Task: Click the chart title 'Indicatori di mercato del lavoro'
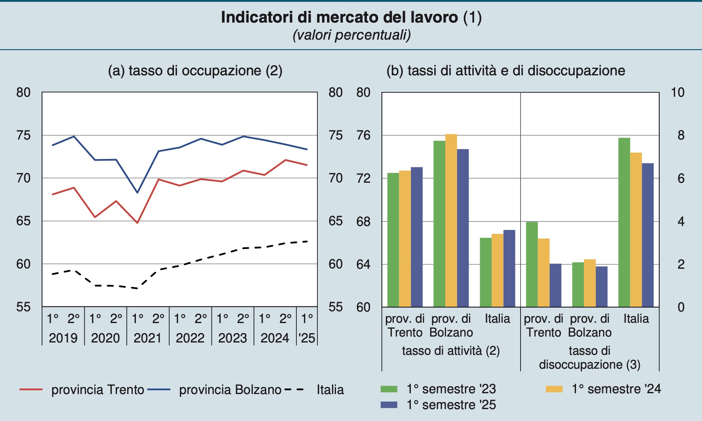pyautogui.click(x=351, y=17)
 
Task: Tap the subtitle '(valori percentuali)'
pyautogui.click(x=351, y=35)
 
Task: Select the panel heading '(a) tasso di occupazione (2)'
pyautogui.click(x=195, y=71)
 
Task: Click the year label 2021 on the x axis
pyautogui.click(x=147, y=338)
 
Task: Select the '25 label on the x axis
pyautogui.click(x=307, y=338)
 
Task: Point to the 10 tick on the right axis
pyautogui.click(x=677, y=92)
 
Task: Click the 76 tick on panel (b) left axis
pyautogui.click(x=363, y=136)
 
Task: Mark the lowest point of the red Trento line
pyautogui.click(x=137, y=223)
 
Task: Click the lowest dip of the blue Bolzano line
pyautogui.click(x=137, y=193)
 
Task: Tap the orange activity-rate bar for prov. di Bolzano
pyautogui.click(x=451, y=220)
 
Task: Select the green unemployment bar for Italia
pyautogui.click(x=624, y=222)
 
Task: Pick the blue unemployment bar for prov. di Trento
pyautogui.click(x=555, y=285)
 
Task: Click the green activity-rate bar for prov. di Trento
pyautogui.click(x=393, y=240)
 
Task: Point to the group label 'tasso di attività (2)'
pyautogui.click(x=451, y=351)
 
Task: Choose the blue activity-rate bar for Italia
pyautogui.click(x=509, y=268)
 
